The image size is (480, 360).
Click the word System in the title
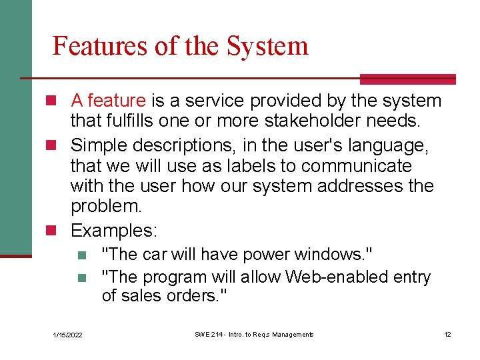pyautogui.click(x=267, y=46)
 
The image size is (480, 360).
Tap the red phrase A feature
pyautogui.click(x=108, y=101)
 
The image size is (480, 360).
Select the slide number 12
pyautogui.click(x=447, y=334)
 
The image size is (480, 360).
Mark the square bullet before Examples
pyautogui.click(x=57, y=231)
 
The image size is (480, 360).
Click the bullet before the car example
pyautogui.click(x=81, y=255)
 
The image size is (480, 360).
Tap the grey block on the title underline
pyautogui.click(x=407, y=79)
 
